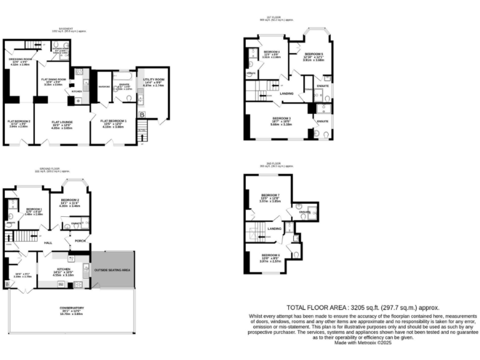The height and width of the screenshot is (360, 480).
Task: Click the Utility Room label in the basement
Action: (153, 81)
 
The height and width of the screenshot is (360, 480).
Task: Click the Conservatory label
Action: (72, 310)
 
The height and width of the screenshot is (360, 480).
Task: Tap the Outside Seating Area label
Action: (112, 269)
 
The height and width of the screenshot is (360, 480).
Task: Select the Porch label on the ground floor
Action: (80, 240)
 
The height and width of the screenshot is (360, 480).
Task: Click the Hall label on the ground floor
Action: (47, 242)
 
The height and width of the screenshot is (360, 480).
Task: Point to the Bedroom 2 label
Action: (69, 202)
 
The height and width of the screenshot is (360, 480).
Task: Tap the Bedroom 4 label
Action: (271, 53)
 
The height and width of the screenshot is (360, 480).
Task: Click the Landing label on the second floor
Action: (274, 228)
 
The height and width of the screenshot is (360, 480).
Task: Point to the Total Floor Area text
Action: (362, 307)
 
